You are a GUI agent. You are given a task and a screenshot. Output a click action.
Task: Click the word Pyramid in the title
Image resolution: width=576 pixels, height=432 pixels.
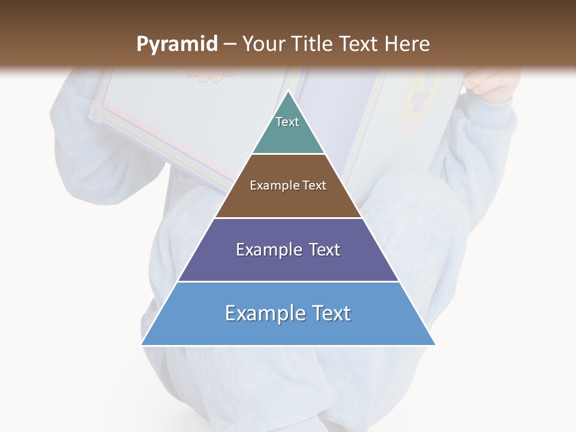tap(176, 44)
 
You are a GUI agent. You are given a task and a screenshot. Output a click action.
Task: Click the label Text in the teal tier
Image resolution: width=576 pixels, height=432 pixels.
tap(287, 122)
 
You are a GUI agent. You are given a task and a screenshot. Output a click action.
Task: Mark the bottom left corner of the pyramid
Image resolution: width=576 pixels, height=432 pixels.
tap(142, 344)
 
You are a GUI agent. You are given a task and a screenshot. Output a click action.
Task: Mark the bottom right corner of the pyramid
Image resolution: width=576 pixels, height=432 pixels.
tap(435, 344)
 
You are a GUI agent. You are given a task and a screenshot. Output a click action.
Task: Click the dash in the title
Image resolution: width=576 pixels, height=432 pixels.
tap(229, 44)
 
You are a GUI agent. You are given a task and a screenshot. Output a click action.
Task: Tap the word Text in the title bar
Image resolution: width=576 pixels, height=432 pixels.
tap(359, 44)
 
